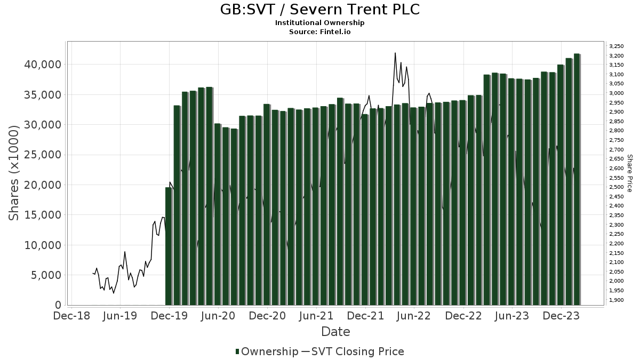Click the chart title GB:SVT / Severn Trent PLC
coord(319,10)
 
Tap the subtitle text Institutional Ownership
coord(319,23)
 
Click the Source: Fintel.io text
coord(319,31)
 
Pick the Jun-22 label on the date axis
coord(414,316)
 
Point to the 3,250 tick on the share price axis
coord(616,46)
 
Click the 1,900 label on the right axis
coord(616,300)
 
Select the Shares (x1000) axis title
coord(14,173)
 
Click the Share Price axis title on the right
coord(629,173)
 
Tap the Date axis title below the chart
coord(335,332)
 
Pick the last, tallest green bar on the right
coord(577,179)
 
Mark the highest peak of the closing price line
coord(395,53)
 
